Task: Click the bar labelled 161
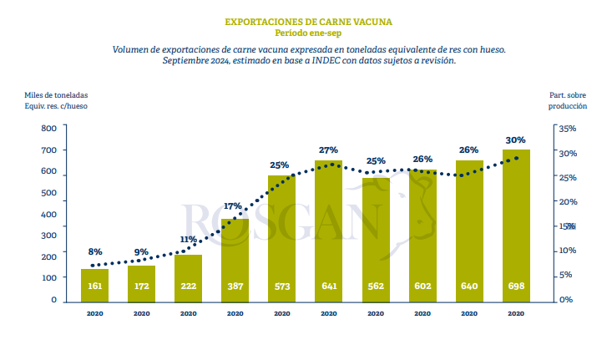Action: click(94, 284)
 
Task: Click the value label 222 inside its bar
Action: click(188, 286)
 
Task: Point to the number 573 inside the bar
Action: click(281, 286)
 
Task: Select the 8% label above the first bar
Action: click(94, 251)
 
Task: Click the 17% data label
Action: click(233, 205)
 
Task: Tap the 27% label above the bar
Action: click(328, 150)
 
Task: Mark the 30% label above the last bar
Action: click(515, 139)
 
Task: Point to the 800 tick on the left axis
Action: click(48, 129)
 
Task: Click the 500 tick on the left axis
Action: click(48, 193)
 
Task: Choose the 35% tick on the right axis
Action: click(567, 129)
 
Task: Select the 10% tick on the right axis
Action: click(567, 251)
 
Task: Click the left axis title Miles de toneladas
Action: click(56, 95)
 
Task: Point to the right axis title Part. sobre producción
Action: click(568, 101)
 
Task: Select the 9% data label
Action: click(141, 251)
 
